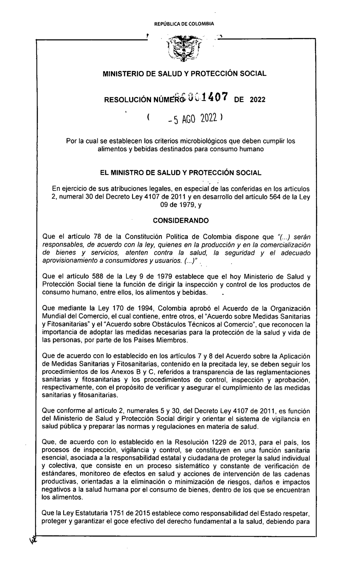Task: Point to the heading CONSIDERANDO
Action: point(181,220)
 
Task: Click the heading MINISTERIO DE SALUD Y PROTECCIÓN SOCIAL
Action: point(185,74)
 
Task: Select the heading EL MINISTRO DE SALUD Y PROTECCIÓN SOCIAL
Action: point(181,173)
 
